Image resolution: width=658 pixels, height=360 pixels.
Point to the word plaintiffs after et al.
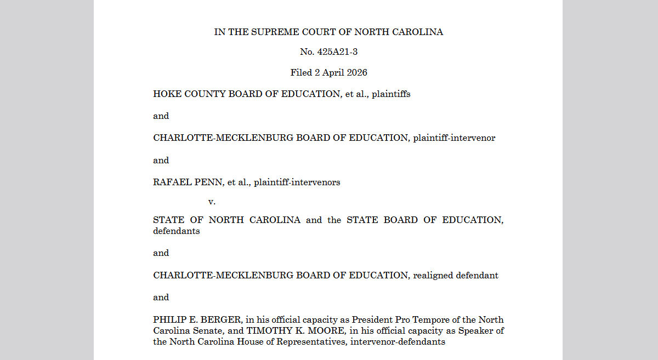coord(391,94)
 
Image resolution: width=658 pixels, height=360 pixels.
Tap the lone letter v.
coord(212,202)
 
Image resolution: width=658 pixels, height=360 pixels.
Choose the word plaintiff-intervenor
coord(454,138)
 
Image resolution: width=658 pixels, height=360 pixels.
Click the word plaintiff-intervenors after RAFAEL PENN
coord(297,182)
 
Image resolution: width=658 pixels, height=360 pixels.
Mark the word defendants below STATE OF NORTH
coord(177,231)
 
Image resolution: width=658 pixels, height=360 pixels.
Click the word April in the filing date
coord(330,72)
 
